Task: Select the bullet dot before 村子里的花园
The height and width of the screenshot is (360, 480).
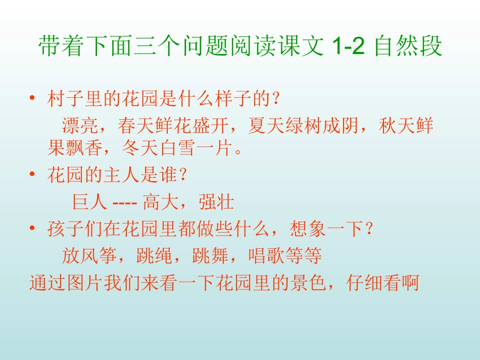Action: click(x=32, y=98)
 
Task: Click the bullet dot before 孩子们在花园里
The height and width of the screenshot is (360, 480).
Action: click(x=32, y=230)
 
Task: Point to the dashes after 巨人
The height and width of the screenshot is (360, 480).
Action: click(x=124, y=202)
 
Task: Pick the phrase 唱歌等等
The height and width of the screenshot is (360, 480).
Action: click(x=285, y=256)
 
